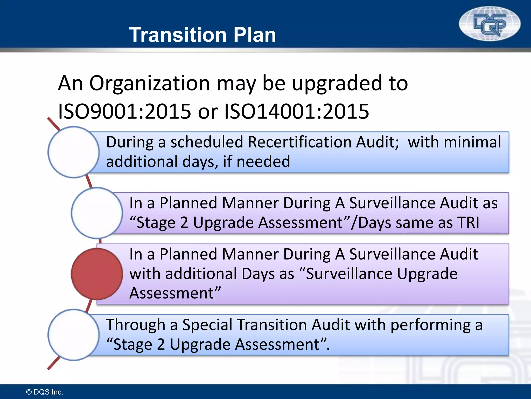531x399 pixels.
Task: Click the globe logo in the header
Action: pos(490,24)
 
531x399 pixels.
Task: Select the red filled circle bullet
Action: pos(97,274)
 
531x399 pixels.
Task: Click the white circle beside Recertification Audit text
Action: pos(74,152)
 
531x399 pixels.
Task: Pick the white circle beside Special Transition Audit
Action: pos(74,335)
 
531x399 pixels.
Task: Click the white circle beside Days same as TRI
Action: pos(97,213)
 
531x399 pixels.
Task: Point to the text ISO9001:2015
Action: pos(124,111)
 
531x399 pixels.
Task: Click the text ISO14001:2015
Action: pos(296,111)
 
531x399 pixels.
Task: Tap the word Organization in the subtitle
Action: pos(150,83)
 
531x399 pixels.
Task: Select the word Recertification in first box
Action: pos(299,142)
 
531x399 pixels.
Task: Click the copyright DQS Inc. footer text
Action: pos(45,392)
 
